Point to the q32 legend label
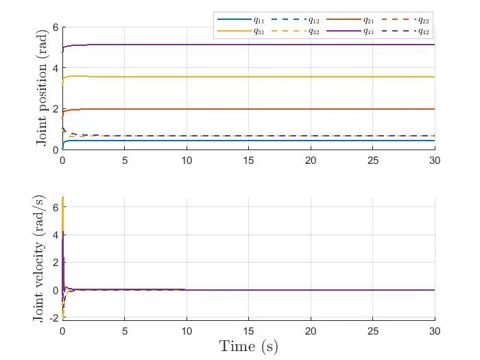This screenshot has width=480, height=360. tap(315, 31)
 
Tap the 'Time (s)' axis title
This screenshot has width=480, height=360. tap(249, 346)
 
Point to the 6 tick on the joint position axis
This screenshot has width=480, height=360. tap(56, 27)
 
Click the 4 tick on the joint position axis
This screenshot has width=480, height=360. tap(56, 68)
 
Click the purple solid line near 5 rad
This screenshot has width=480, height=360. tap(249, 45)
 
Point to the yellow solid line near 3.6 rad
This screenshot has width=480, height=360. tap(249, 77)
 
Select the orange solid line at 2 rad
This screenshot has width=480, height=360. tap(249, 109)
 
